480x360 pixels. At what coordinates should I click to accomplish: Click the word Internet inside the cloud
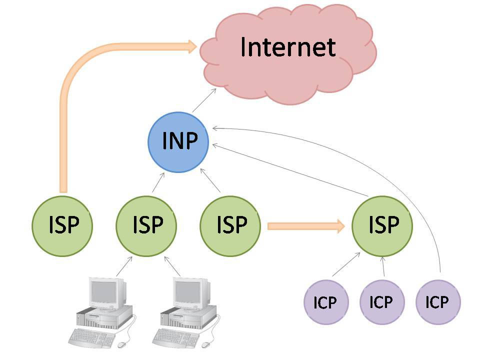287,47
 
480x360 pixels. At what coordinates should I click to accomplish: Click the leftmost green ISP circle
62,226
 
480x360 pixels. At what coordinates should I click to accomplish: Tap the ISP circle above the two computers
146,226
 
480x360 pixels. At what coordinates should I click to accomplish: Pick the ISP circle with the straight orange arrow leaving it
230,226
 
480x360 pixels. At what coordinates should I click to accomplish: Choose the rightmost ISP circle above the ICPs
382,226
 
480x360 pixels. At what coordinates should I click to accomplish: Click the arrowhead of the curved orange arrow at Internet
192,47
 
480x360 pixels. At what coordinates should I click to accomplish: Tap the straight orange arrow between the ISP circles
305,226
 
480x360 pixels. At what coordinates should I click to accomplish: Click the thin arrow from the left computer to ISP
124,266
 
